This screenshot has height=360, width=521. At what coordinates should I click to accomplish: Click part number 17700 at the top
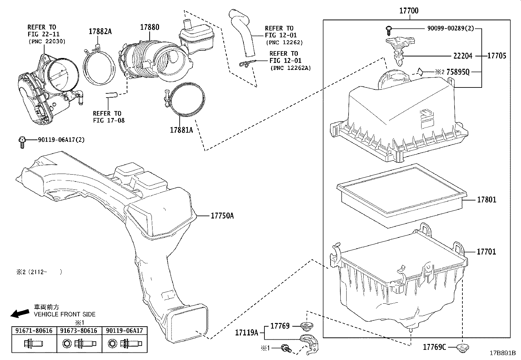(409, 10)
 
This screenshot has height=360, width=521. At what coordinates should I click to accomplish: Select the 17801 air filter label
(486, 199)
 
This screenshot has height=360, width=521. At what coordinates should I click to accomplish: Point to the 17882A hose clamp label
(100, 31)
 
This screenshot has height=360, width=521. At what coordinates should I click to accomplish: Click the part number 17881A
(181, 130)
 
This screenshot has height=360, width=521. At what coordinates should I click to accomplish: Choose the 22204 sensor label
(463, 56)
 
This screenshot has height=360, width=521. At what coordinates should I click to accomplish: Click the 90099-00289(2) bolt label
(450, 28)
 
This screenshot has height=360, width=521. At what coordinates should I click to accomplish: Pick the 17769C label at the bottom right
(435, 347)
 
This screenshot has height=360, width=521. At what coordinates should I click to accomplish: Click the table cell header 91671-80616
(34, 331)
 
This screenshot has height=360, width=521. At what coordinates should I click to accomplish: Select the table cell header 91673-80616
(79, 331)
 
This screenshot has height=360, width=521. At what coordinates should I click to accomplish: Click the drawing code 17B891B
(502, 353)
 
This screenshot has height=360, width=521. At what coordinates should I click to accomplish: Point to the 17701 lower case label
(486, 252)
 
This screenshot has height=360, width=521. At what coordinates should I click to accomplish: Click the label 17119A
(246, 333)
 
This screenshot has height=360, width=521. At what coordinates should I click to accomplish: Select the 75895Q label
(458, 72)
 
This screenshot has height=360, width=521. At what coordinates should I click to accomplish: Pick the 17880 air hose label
(150, 27)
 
